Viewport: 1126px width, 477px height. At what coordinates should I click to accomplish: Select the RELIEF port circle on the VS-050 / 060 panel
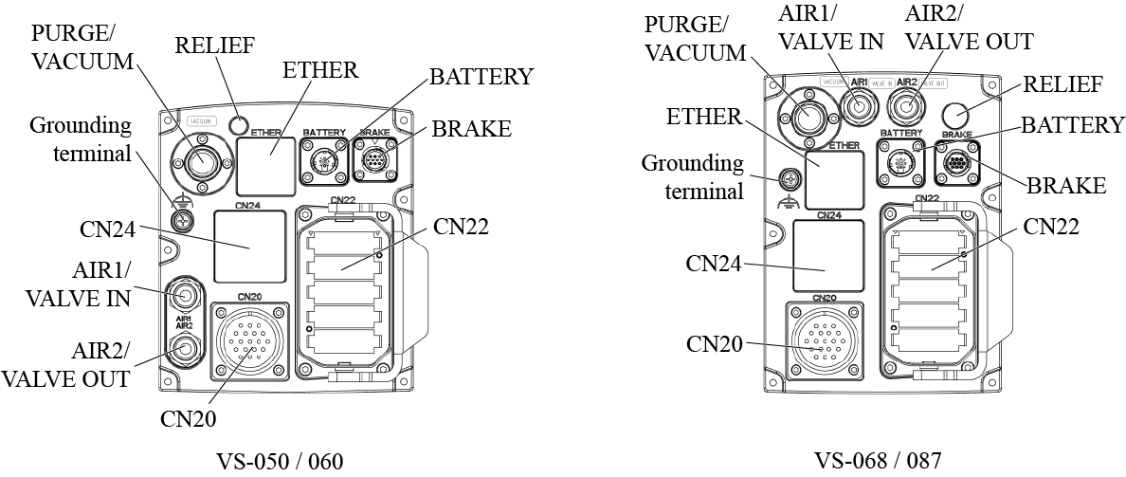(238, 124)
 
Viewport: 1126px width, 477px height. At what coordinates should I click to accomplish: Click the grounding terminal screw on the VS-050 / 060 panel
(181, 221)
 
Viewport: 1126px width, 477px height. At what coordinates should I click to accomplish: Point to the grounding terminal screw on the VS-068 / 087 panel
(788, 178)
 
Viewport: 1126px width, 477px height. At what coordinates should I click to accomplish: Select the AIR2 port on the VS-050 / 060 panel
(185, 350)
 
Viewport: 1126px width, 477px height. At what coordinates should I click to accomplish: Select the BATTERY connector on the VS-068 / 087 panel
(900, 164)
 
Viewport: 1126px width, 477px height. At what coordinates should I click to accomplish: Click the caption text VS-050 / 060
(279, 462)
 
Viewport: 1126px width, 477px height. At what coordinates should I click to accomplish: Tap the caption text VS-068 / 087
(878, 462)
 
